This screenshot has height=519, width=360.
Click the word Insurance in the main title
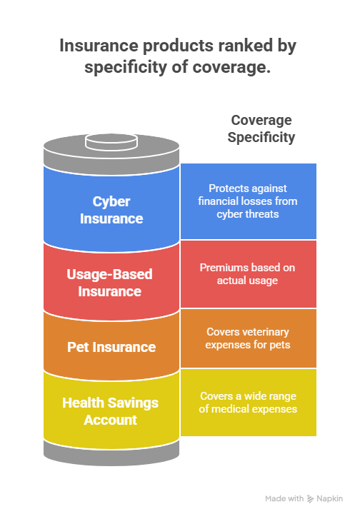99,46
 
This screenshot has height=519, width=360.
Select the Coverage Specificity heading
261,129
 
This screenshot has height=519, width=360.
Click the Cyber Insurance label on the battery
111,210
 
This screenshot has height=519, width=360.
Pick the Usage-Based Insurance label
109,283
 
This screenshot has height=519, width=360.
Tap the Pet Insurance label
111,347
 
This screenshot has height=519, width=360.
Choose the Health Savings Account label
110,411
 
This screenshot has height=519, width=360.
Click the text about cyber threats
248,201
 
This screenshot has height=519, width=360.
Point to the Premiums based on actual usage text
247,274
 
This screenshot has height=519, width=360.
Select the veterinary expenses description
248,338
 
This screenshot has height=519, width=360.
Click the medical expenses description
248,403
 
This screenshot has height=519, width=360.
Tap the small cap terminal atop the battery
111,142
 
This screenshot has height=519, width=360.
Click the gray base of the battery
111,453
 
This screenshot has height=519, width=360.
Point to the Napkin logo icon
310,499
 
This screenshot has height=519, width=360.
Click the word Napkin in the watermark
329,498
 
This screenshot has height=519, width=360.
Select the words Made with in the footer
284,498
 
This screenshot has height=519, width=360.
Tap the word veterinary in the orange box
269,332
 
